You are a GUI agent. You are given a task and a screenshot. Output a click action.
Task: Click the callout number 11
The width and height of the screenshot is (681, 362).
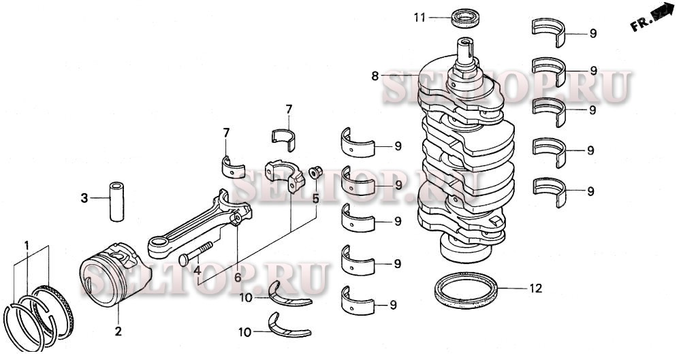[421, 18]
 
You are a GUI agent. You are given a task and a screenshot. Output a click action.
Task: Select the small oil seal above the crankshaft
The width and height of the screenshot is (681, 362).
[467, 18]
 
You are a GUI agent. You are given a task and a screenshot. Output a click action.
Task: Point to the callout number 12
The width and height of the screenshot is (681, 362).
[535, 289]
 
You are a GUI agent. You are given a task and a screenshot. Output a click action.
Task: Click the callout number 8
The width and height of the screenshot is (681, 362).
[375, 77]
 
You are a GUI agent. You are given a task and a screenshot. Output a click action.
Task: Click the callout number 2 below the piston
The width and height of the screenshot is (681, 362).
[118, 331]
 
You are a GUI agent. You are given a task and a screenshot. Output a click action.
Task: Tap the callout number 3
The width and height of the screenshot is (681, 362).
[84, 199]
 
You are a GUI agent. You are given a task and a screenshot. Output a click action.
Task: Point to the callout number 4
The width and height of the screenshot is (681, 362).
[197, 270]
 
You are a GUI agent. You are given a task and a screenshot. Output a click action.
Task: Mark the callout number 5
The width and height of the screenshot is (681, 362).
[315, 199]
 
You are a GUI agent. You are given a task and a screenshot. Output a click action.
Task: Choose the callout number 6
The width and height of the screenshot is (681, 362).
[237, 277]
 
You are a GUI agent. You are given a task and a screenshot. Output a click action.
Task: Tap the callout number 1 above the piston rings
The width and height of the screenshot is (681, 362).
[27, 244]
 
